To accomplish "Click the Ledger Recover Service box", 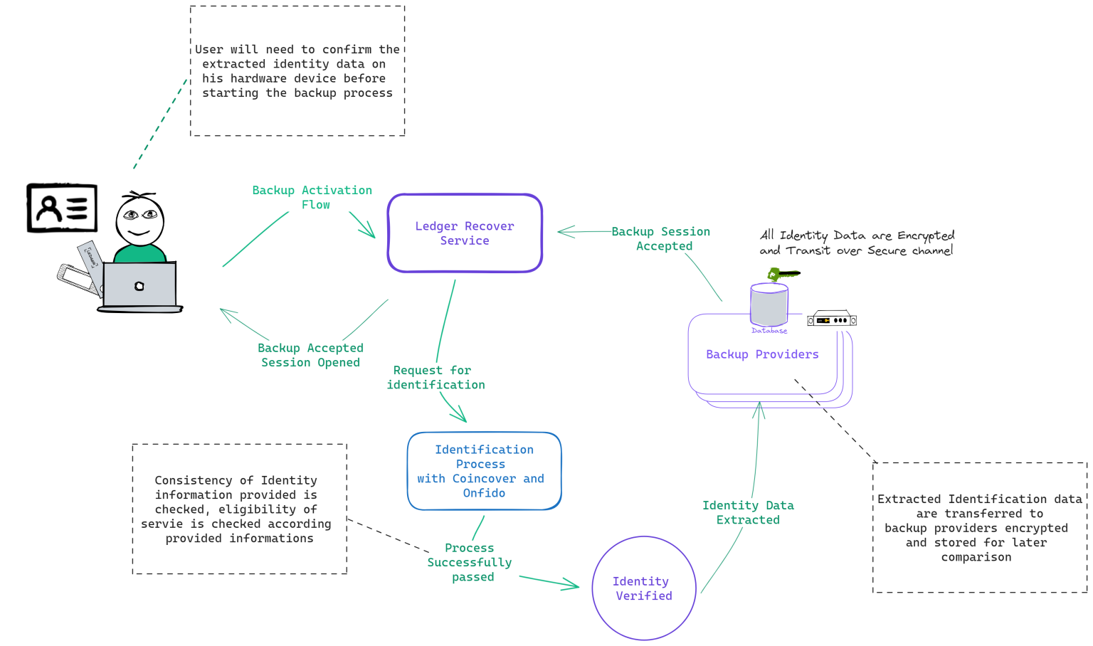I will pos(465,233).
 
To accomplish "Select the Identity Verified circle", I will pos(643,588).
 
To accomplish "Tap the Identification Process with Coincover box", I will pos(484,471).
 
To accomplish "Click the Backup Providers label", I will pos(762,354).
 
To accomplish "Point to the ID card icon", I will pos(62,208).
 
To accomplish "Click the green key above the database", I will pos(783,274).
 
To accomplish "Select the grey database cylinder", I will pos(769,305).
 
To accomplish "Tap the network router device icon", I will pos(831,319).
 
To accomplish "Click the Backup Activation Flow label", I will pos(312,197).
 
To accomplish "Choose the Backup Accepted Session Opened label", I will pos(310,355).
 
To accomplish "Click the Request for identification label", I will pos(435,377).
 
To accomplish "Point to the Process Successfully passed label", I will pos(470,562).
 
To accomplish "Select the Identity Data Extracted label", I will pos(748,512).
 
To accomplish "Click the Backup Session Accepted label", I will pos(661,238).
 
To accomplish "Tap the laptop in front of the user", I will pos(139,286).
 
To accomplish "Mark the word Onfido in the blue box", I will pos(484,493).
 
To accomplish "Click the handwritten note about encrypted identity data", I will pos(857,243).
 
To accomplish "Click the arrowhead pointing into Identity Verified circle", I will pos(573,586).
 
